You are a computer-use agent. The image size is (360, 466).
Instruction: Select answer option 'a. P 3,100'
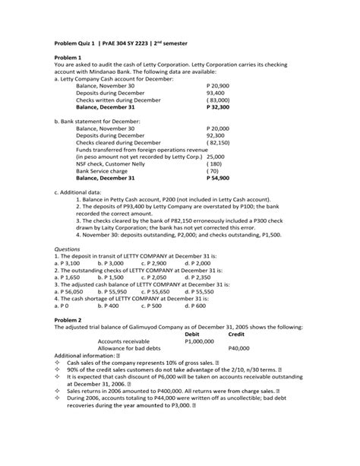click(71, 262)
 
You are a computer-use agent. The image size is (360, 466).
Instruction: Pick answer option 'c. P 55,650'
click(159, 291)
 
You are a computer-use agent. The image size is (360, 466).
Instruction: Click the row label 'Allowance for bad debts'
click(107, 349)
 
